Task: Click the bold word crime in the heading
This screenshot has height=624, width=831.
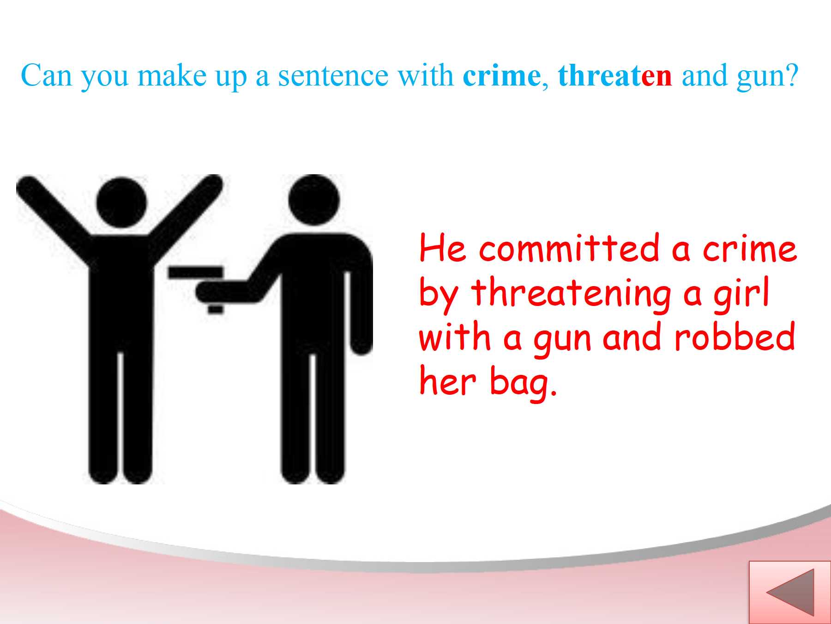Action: tap(501, 75)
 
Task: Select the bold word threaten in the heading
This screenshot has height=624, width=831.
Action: tap(615, 75)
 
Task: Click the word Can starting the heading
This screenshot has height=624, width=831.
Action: tap(46, 75)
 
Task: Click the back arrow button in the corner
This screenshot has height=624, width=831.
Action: tap(789, 593)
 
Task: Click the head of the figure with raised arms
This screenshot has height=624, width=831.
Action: tap(121, 202)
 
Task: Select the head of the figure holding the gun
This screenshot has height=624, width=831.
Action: tap(314, 200)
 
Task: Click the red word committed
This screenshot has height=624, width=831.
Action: tap(569, 248)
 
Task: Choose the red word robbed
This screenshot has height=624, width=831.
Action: tap(735, 336)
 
